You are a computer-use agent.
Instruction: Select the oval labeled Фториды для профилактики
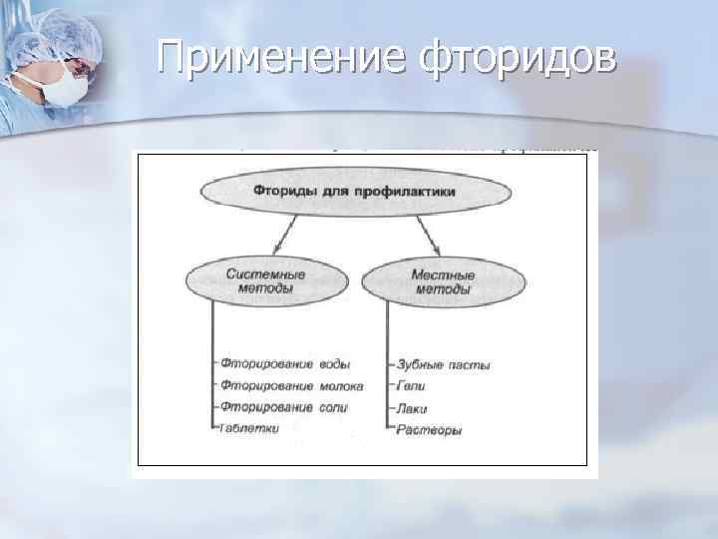[356, 191]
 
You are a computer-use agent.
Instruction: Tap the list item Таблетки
[251, 428]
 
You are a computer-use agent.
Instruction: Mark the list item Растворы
[428, 429]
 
